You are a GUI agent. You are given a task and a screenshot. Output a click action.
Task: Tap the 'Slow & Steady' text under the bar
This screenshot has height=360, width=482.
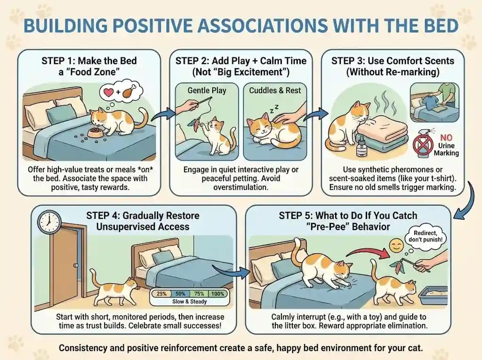click(x=188, y=302)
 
